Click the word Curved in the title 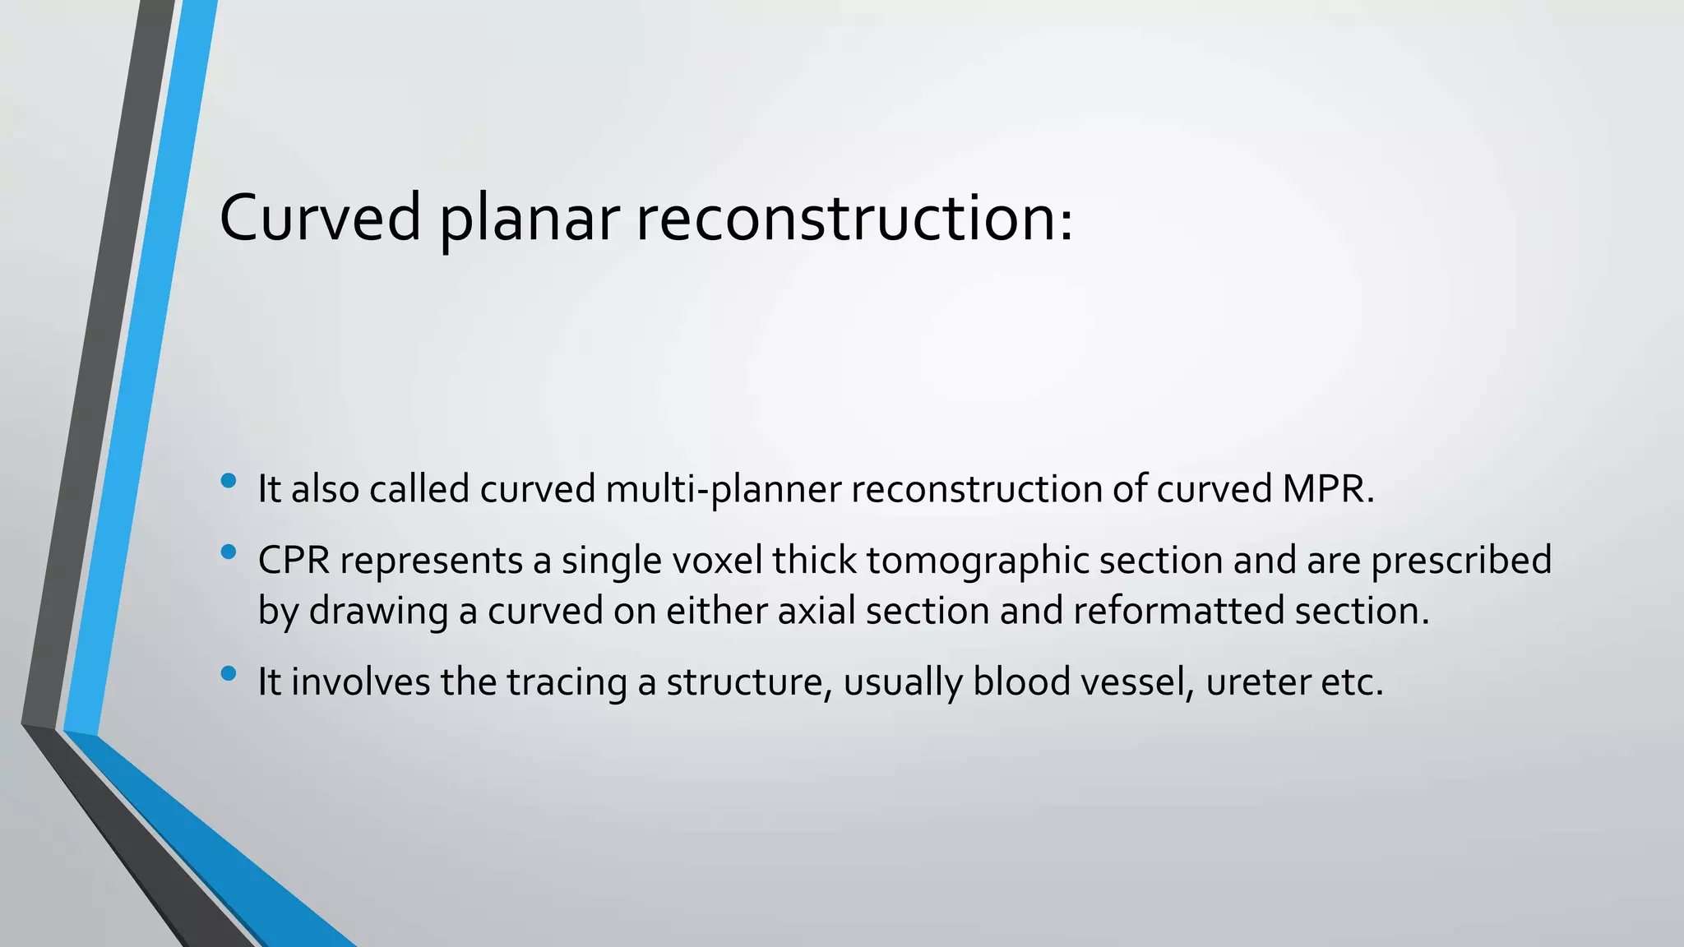tap(320, 218)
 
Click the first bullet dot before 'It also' tap(229, 480)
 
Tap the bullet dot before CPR tap(229, 552)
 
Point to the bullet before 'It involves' tap(229, 674)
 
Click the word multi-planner tap(723, 490)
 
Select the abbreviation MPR tap(1327, 489)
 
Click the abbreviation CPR tap(294, 561)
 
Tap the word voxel tap(719, 561)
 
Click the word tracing tap(567, 683)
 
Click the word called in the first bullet tap(419, 489)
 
